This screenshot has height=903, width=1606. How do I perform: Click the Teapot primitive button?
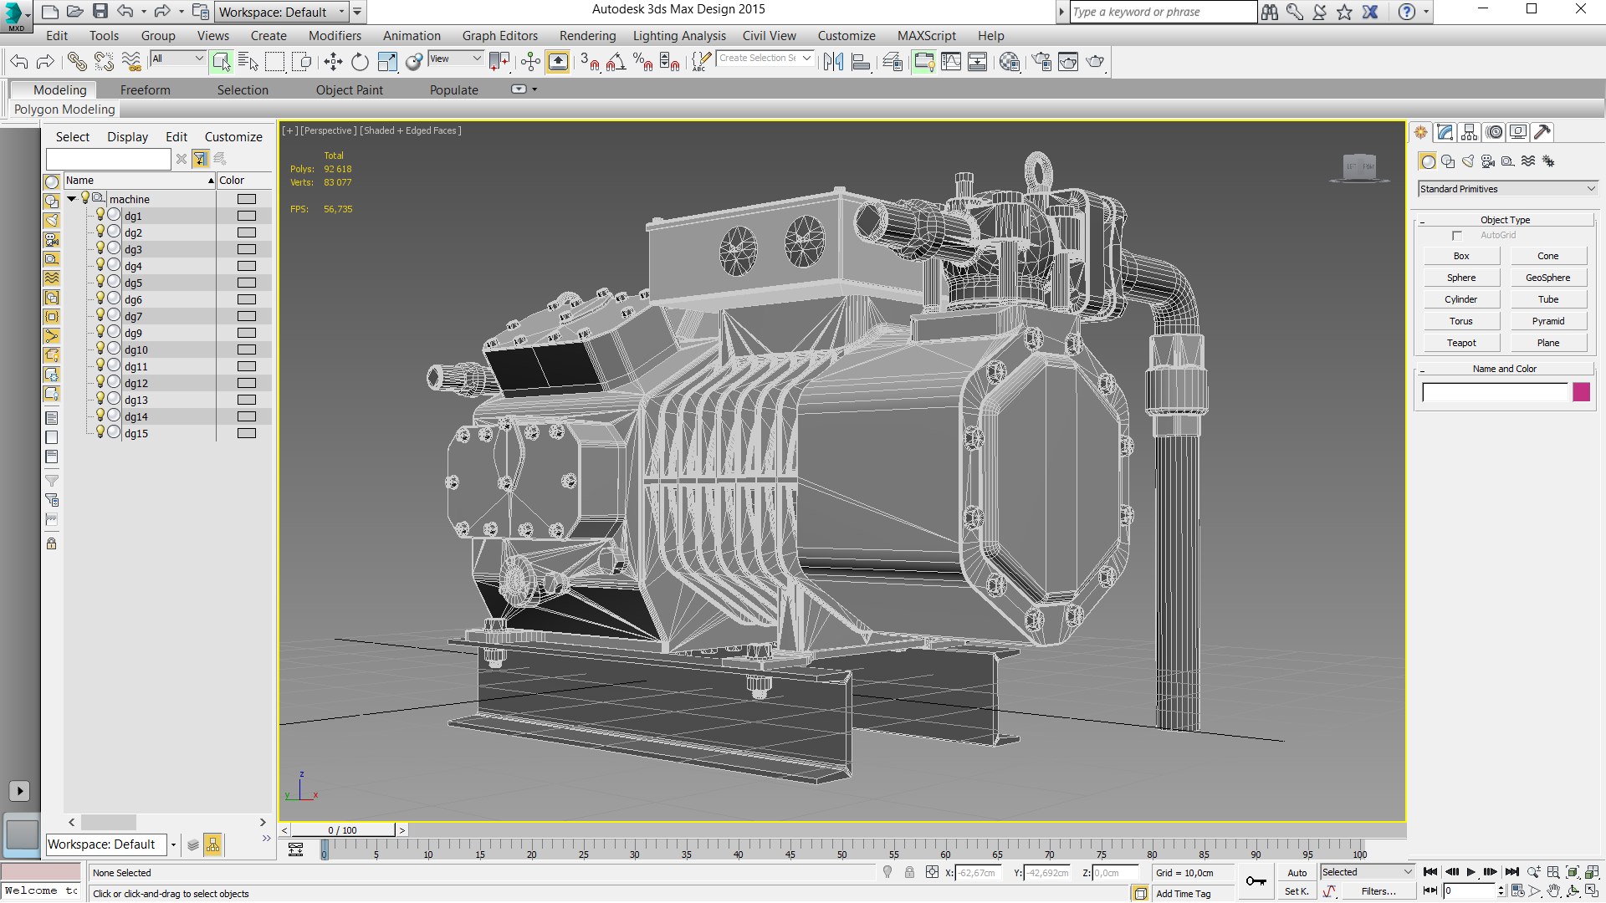[1461, 343]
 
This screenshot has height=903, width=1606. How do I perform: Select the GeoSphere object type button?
[1547, 278]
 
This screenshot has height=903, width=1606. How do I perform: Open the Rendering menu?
[587, 36]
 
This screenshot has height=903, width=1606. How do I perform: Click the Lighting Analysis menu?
[679, 36]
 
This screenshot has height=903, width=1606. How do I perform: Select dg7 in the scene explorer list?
[134, 316]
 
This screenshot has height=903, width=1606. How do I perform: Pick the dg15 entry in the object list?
[136, 433]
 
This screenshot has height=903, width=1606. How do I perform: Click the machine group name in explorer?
[130, 199]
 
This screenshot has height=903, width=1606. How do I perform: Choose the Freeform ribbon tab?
[145, 90]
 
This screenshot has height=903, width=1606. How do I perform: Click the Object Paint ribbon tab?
[349, 90]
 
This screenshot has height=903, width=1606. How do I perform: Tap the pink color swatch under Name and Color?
[1581, 392]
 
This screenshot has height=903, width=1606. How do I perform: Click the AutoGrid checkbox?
[1457, 236]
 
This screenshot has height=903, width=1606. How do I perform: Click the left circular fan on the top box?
[738, 250]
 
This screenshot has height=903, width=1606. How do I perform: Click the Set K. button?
[1297, 891]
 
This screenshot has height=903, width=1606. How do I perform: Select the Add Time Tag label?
[1183, 894]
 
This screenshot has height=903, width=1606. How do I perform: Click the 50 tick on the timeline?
[841, 854]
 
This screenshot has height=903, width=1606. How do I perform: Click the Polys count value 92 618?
[338, 169]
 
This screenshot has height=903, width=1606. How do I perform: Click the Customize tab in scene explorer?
[233, 137]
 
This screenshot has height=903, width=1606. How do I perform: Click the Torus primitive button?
[1461, 321]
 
